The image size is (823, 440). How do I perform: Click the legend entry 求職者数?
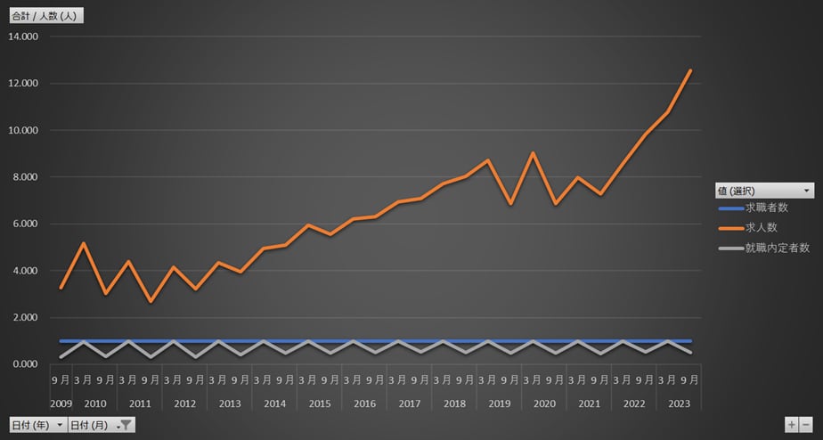766,208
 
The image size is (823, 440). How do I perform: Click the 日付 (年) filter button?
37,425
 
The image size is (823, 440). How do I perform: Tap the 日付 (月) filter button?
101,425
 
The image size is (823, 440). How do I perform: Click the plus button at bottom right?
791,425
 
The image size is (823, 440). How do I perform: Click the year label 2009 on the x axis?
61,403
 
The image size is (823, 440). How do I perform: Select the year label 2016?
365,403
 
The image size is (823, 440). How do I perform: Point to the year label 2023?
679,403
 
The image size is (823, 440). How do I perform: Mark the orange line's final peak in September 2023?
690,70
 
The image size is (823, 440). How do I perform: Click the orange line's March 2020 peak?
533,153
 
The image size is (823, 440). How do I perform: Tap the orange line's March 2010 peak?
84,243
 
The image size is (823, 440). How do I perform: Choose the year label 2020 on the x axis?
544,403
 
